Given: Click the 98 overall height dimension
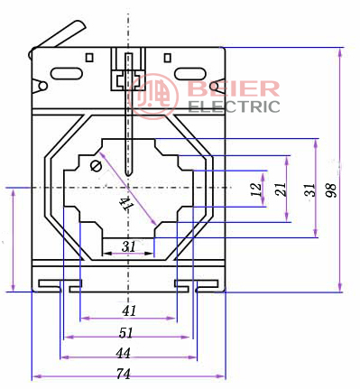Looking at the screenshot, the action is tap(331, 190).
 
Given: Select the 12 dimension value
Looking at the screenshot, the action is tap(256, 190).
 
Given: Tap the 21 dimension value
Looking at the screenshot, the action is tap(281, 190).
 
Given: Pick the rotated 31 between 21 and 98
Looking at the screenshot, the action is tap(309, 190).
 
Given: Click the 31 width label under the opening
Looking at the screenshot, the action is tap(128, 246).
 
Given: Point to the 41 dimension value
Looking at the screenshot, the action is tap(129, 310).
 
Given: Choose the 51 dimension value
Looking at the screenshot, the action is tap(125, 333).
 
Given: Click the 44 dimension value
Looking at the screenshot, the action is tap(124, 353).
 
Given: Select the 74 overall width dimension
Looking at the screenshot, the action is tap(124, 374).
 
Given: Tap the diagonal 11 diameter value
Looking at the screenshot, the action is tap(126, 204).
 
